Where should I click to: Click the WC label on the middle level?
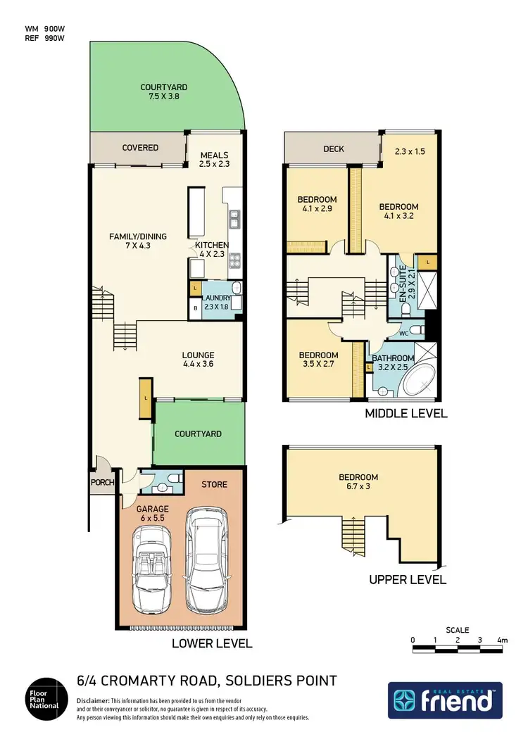click(403, 334)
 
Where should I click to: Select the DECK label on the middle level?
click(333, 149)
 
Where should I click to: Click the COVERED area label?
click(140, 148)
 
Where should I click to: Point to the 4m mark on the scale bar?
click(502, 640)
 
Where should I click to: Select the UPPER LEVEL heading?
click(408, 580)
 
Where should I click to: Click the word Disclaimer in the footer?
click(93, 702)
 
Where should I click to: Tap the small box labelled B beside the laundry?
click(195, 308)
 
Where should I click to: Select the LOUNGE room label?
click(198, 355)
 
